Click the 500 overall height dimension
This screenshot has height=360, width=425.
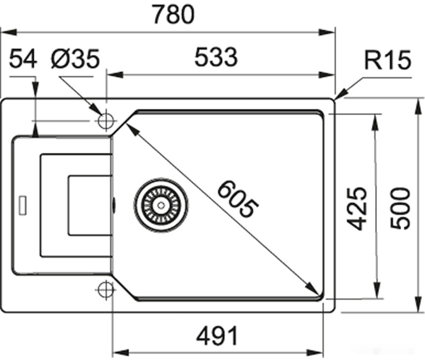400,208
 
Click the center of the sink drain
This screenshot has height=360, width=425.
161,204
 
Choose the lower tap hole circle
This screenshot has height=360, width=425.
106,290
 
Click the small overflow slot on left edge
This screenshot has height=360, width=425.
22,205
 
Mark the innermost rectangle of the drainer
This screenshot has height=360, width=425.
89,205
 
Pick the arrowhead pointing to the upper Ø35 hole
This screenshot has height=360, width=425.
95,110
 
